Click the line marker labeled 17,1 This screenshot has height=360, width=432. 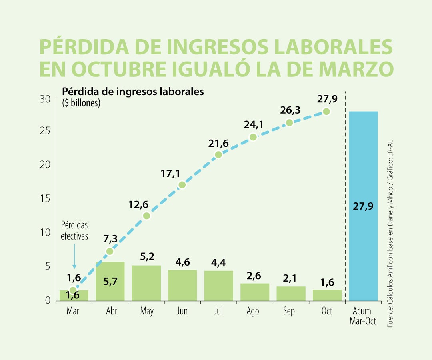(x=182, y=185)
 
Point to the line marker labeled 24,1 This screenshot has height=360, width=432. (x=253, y=137)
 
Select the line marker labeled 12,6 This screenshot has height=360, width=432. (x=146, y=216)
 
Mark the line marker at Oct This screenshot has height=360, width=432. (x=326, y=112)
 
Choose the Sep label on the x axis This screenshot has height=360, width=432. (x=289, y=311)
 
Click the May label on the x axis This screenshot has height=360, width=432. (x=147, y=311)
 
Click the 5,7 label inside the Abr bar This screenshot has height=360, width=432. (x=110, y=282)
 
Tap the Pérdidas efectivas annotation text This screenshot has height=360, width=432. (x=74, y=230)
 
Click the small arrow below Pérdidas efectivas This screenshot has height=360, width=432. (x=74, y=256)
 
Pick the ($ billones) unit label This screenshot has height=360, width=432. (x=81, y=103)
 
